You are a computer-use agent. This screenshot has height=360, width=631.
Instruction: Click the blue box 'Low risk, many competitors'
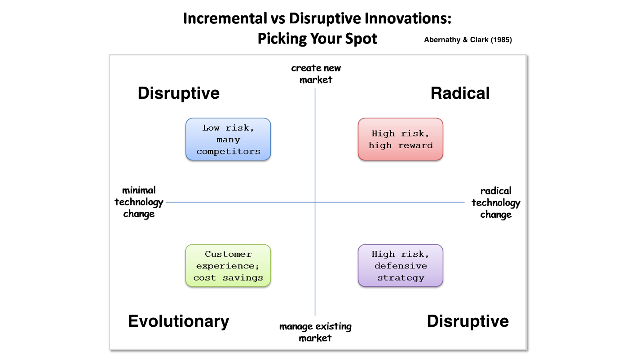tap(228, 139)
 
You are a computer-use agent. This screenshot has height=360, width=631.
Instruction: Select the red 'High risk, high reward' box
tap(401, 139)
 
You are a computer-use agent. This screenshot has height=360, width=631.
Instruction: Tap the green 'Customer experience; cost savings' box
tap(228, 265)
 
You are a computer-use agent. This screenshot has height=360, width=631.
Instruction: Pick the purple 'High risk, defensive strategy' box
tap(401, 265)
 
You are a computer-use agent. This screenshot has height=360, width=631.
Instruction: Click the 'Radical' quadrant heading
tap(460, 93)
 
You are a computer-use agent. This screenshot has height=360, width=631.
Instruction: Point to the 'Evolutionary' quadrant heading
tap(179, 321)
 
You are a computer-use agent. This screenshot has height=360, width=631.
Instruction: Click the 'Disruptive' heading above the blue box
tap(179, 94)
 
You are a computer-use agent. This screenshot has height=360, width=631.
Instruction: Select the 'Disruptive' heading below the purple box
tap(468, 321)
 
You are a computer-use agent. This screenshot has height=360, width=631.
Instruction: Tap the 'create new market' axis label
tap(316, 74)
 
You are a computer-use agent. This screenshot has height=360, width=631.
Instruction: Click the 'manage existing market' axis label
tap(315, 332)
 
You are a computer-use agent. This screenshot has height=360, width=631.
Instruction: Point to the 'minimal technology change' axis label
tap(139, 202)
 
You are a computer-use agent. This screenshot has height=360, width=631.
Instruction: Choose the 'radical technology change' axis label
tap(496, 202)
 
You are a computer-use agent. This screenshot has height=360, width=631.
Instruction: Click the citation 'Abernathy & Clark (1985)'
tap(468, 40)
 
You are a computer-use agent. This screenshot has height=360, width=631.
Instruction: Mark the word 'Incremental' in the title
tap(225, 18)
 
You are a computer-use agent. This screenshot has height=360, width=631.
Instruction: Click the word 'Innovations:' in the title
tap(408, 18)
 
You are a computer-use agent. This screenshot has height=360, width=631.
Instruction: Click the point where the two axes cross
tap(315, 202)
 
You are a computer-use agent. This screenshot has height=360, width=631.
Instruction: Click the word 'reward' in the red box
tap(415, 145)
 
